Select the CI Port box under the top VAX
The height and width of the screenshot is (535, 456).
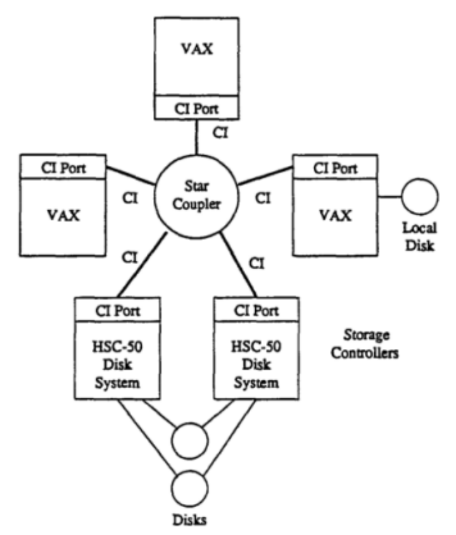[198, 109]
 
